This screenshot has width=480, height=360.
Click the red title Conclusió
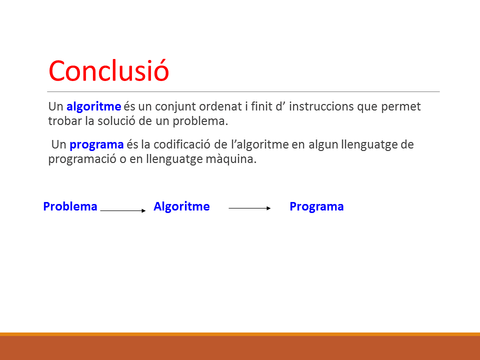point(108,70)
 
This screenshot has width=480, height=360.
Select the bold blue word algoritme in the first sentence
point(93,107)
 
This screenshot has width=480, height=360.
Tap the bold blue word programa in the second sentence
point(96,145)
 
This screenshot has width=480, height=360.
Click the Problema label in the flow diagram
point(70,206)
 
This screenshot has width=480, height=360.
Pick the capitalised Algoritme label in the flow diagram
point(181,207)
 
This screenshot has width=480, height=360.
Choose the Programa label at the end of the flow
point(316,207)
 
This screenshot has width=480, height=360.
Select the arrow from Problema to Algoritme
point(123,210)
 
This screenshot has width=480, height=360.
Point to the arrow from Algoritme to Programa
point(250,208)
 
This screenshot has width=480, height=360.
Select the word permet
point(400,107)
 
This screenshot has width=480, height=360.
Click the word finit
point(261,106)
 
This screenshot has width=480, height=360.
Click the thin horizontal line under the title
point(243,91)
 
